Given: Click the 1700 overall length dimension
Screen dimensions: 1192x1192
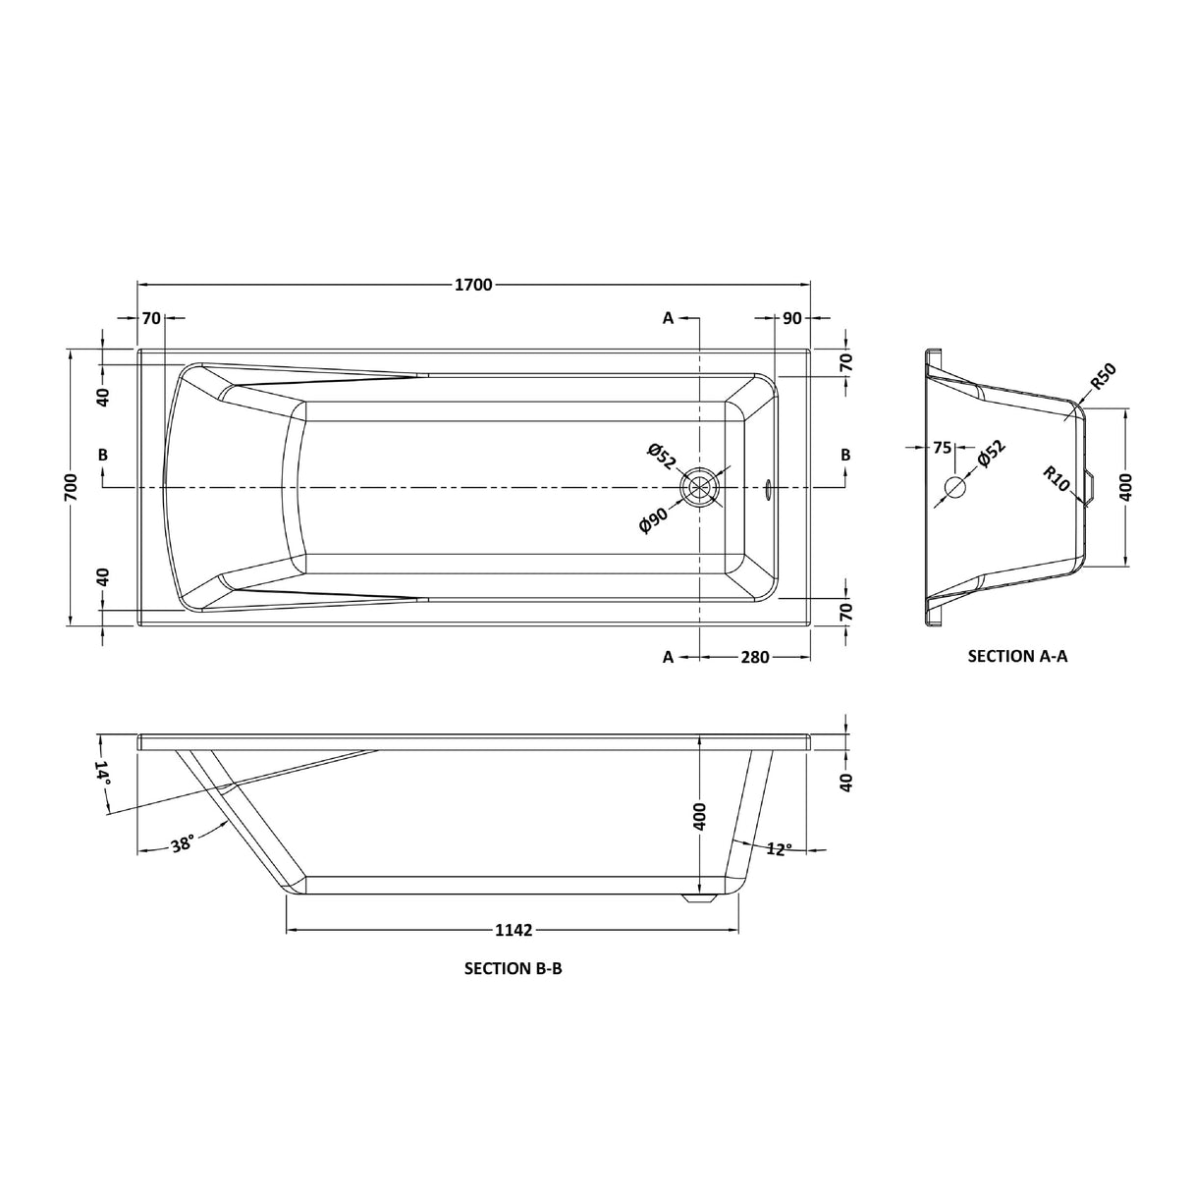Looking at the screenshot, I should click(472, 285).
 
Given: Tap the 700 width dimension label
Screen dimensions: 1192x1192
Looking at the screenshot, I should click(71, 486).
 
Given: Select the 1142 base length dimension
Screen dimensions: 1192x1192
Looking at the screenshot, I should click(512, 930).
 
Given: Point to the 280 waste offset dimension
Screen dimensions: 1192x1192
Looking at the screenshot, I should click(754, 657).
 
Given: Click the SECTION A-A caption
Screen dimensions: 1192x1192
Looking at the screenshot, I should click(1017, 656).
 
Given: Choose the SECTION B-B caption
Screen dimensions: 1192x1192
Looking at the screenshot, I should click(513, 968).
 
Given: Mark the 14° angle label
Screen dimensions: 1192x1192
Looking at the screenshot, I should click(102, 773).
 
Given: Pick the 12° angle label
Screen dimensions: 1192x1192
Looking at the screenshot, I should click(779, 848).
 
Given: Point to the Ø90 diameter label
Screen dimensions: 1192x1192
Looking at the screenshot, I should click(653, 515).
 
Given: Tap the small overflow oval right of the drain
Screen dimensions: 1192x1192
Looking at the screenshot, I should click(768, 486).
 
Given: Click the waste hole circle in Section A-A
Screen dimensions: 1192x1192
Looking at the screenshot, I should click(954, 487).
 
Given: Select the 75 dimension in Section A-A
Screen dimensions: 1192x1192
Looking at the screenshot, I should click(942, 448).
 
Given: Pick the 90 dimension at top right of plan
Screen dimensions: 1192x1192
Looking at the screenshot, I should click(792, 318).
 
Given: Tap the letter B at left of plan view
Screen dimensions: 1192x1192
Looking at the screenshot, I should click(103, 455).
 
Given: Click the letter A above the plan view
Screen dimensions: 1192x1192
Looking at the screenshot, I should click(668, 318).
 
